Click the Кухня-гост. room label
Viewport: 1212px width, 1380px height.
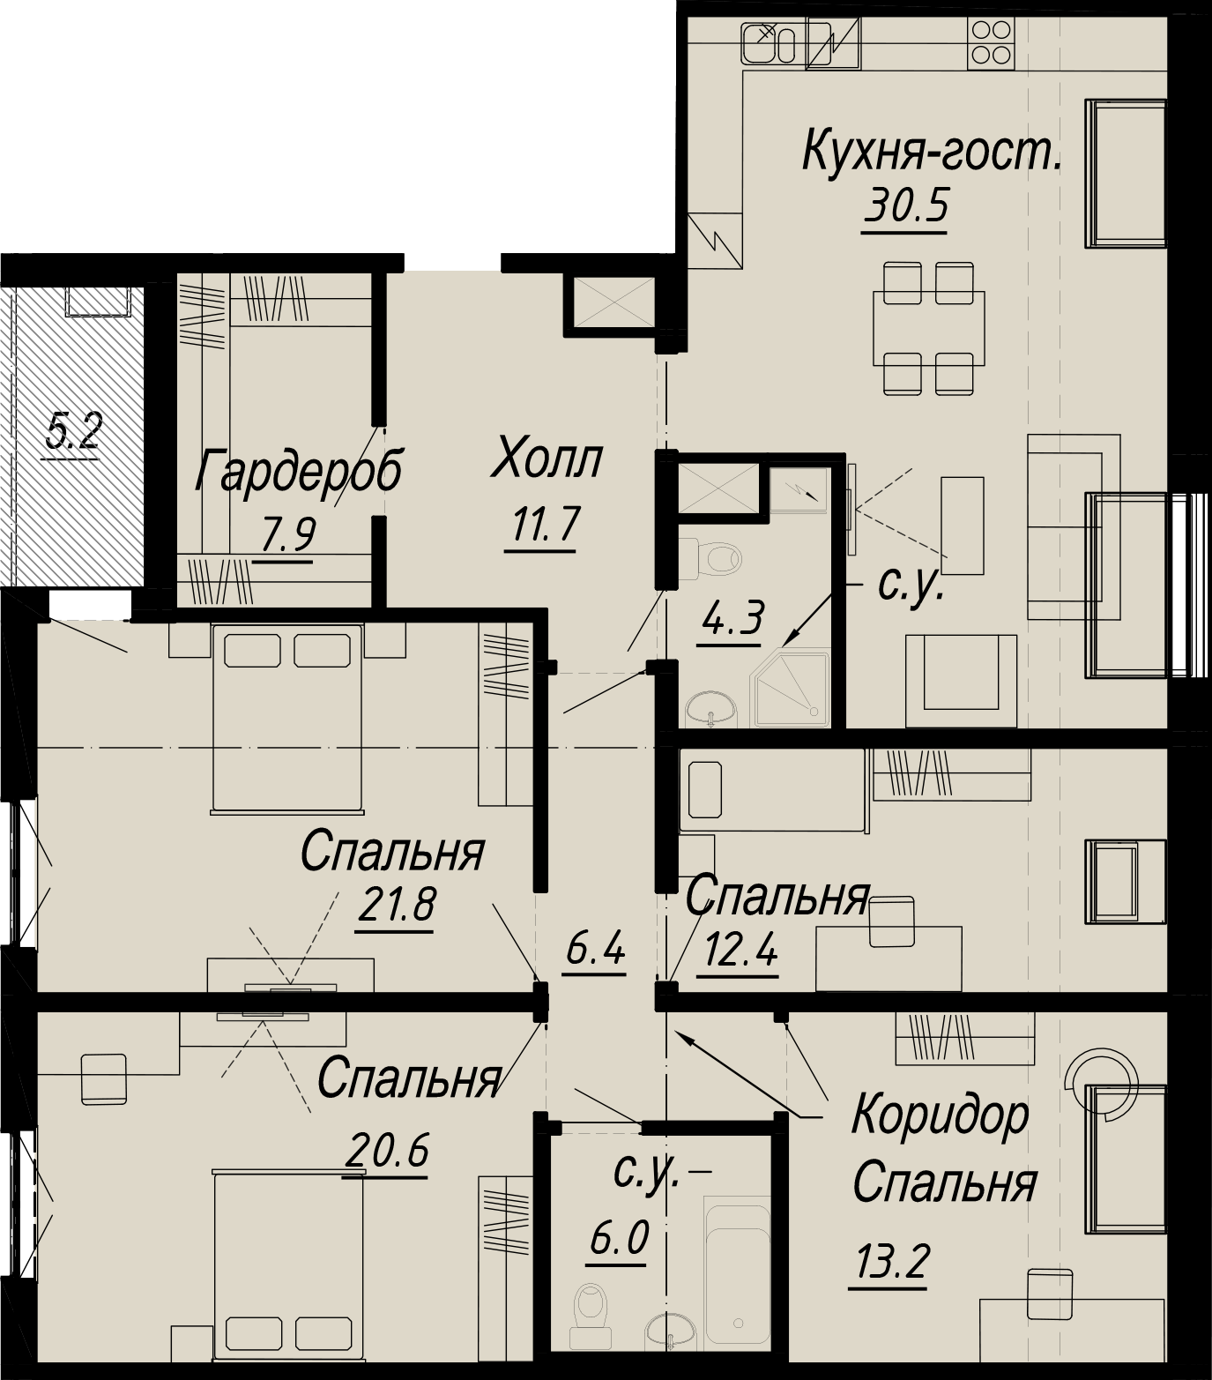[x=932, y=153]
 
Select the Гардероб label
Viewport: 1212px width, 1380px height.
[x=298, y=472]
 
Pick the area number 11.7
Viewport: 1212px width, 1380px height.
[x=540, y=526]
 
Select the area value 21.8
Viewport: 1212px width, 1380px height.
[x=396, y=905]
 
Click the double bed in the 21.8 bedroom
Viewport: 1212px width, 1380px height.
[x=287, y=717]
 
